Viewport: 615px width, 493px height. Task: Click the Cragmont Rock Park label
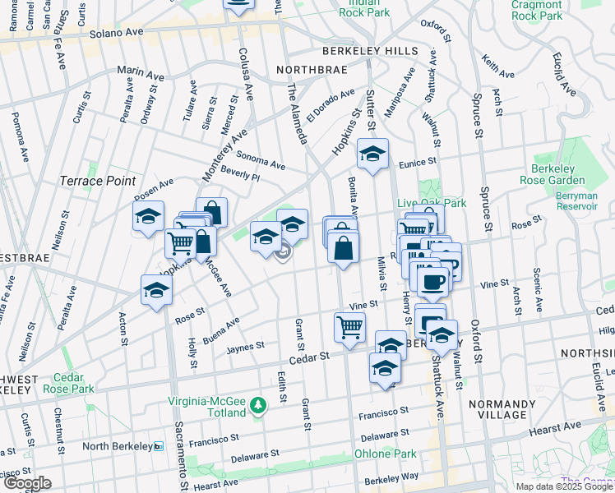536,10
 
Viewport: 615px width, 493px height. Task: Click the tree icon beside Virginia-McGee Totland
258,405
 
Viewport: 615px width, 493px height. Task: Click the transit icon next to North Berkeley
160,446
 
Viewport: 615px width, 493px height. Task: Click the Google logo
27,483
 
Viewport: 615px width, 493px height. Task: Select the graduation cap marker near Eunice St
372,154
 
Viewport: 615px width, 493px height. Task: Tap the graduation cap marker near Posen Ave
149,217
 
